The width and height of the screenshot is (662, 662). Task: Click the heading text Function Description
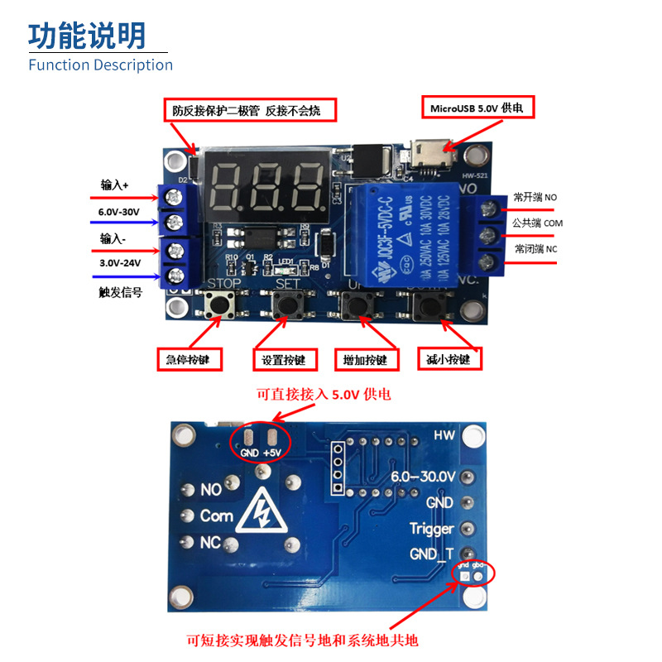tap(100, 65)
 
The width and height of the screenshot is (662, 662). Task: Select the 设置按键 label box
tap(284, 360)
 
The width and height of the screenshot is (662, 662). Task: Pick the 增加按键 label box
tap(365, 360)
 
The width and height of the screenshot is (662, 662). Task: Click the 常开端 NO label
tap(535, 197)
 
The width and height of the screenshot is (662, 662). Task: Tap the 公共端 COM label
tap(537, 223)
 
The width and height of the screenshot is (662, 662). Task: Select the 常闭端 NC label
tap(535, 248)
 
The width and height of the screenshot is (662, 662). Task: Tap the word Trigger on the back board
tap(431, 528)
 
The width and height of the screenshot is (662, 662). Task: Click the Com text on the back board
tap(217, 516)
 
